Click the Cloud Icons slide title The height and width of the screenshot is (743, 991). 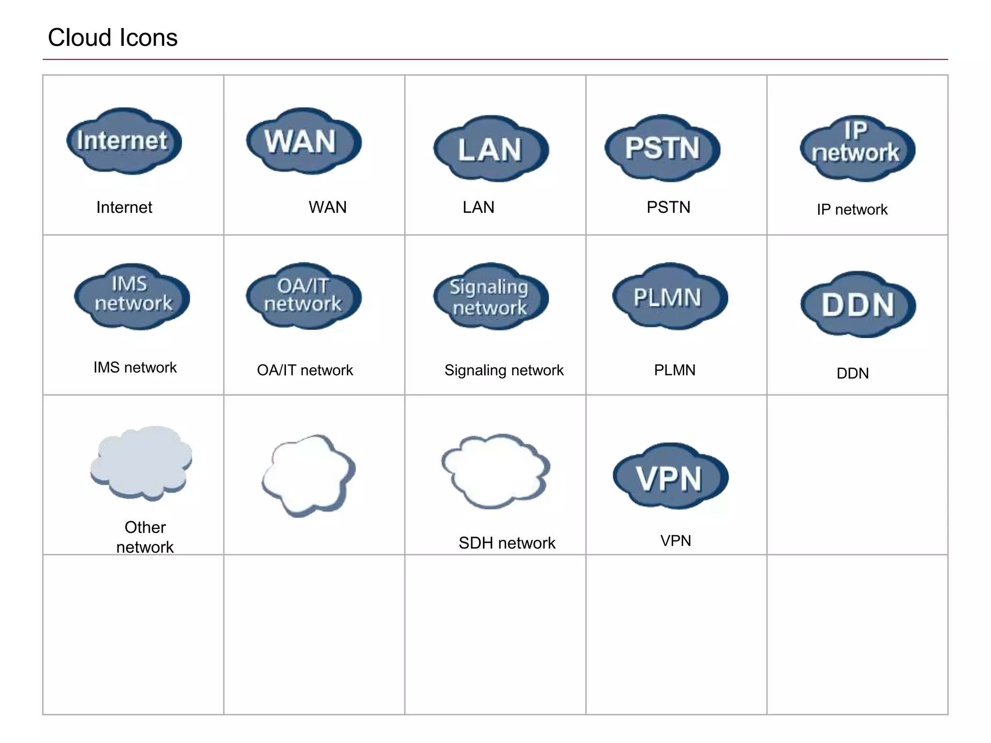[x=112, y=38]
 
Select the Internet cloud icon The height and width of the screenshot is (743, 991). [x=124, y=141]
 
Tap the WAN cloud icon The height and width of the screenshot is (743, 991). [x=303, y=141]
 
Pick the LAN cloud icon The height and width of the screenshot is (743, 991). [x=490, y=149]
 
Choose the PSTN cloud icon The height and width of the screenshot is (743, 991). [x=662, y=148]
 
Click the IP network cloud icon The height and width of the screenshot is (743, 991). [x=857, y=148]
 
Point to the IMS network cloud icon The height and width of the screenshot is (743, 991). [x=132, y=297]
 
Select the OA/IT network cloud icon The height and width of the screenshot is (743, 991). [x=303, y=296]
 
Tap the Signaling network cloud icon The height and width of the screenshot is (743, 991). [x=490, y=297]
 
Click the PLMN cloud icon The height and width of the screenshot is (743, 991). [x=669, y=297]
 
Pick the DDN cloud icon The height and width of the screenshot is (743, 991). [x=858, y=305]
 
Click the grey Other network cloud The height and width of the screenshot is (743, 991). [x=141, y=462]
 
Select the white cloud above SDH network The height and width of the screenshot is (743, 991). [x=495, y=469]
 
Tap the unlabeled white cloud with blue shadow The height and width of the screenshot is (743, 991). [x=308, y=474]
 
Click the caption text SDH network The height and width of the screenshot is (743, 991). [x=507, y=543]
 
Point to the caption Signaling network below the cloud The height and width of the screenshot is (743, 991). [x=504, y=370]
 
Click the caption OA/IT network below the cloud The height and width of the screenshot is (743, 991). [x=305, y=370]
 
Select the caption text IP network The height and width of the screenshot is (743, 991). [x=852, y=209]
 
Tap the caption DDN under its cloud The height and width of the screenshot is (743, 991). [x=853, y=373]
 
